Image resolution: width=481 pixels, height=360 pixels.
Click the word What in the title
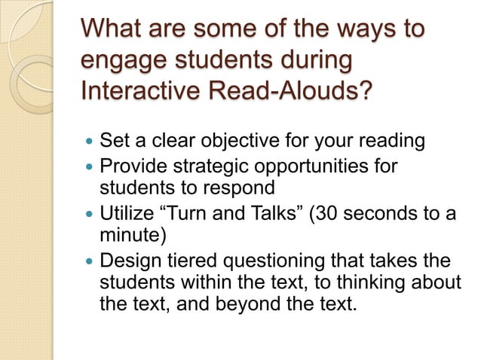[x=113, y=30]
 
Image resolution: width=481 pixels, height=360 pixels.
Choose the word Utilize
[x=127, y=212]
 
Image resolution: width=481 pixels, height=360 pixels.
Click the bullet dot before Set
[x=89, y=141]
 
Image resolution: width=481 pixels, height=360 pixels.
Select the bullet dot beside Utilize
[x=89, y=213]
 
